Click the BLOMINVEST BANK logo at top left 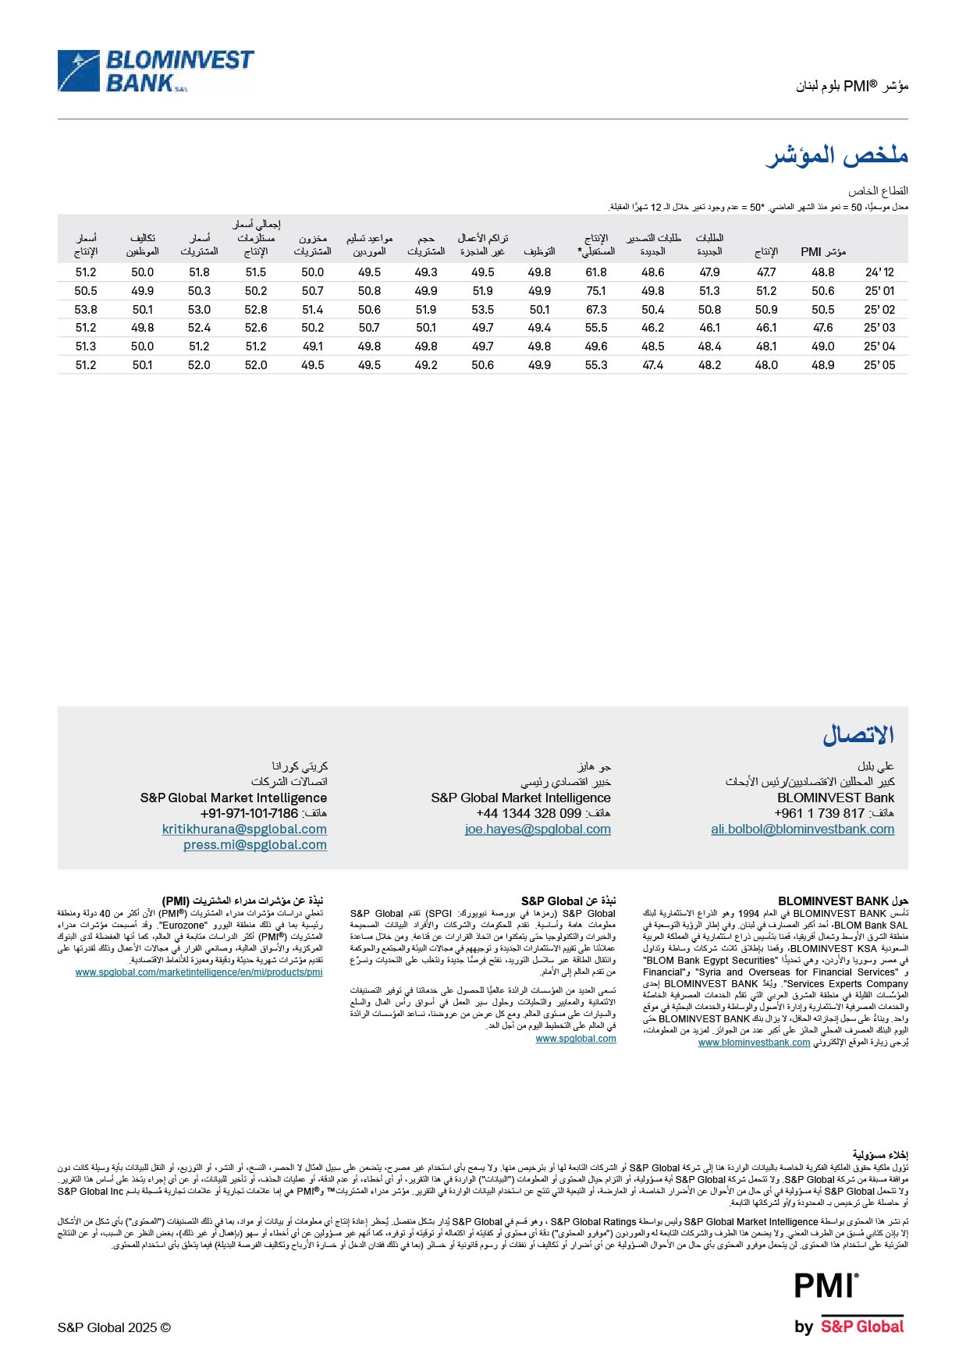(x=156, y=71)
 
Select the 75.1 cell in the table (x=596, y=291)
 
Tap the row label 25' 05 (x=879, y=365)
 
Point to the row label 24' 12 (x=879, y=272)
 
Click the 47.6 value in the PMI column (x=822, y=328)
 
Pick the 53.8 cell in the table (x=86, y=310)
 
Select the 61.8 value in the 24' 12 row (x=596, y=272)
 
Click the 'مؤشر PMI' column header (x=822, y=251)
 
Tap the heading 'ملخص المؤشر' (x=837, y=155)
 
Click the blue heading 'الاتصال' (x=858, y=734)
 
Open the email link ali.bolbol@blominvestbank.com (x=802, y=830)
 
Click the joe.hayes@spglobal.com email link (x=538, y=830)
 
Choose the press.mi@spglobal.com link (x=255, y=845)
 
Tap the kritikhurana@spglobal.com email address (x=244, y=830)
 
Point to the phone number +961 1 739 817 (x=819, y=813)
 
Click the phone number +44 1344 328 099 (x=529, y=813)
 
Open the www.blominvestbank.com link (x=754, y=1043)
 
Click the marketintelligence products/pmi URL (x=199, y=972)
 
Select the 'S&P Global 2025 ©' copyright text (x=114, y=1327)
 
